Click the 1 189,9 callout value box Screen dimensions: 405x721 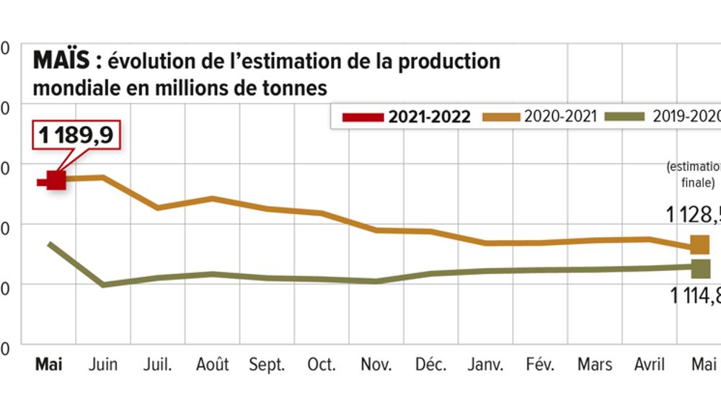coord(76,135)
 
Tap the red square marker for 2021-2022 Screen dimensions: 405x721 coord(56,180)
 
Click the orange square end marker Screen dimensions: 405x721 coord(700,245)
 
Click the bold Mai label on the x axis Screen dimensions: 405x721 coord(49,364)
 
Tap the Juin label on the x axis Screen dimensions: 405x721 coord(103,364)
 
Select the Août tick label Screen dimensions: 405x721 coord(213,364)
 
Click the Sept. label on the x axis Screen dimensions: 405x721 coord(267,364)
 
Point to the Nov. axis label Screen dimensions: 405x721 coord(376,364)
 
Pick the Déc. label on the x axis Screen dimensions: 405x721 coord(431,364)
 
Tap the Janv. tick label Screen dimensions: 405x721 coord(486,364)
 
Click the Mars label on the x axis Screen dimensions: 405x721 coord(595,364)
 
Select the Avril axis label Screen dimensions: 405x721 coord(648,364)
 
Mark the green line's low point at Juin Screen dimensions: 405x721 coord(105,285)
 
